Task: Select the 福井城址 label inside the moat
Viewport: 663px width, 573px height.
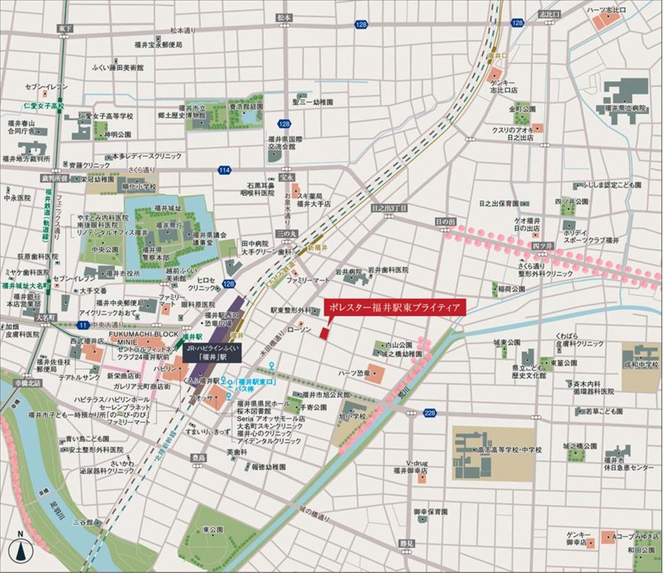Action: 167,208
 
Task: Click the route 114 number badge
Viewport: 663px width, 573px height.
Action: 224,170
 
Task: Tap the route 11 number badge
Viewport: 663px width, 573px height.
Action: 83,325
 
